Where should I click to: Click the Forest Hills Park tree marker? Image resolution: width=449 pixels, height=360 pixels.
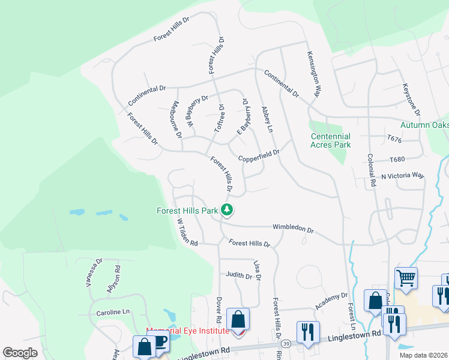[227, 209]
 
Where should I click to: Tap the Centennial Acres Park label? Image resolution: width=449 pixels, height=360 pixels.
[330, 140]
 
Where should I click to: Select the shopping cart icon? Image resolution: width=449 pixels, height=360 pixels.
[406, 278]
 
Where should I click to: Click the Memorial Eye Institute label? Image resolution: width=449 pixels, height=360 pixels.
[188, 331]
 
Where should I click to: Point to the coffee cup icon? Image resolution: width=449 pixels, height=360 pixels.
[160, 342]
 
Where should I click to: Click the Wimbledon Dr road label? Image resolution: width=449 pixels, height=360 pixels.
[293, 229]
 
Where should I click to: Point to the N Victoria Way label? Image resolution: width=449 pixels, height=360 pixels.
[403, 176]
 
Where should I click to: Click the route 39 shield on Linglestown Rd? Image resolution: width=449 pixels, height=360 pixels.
[287, 343]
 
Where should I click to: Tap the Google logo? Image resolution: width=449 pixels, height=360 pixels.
[20, 353]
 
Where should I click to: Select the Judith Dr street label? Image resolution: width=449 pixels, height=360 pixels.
[239, 275]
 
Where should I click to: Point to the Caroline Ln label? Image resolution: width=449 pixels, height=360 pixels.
[113, 313]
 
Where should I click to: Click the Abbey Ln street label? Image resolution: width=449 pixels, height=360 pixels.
[267, 120]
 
